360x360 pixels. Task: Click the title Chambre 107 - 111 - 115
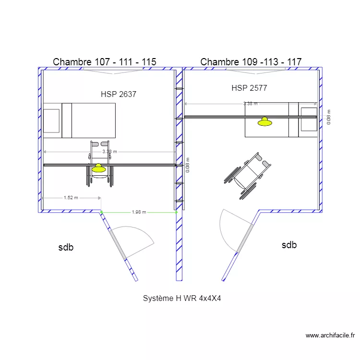point(104,62)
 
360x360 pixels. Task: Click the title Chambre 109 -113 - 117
point(251,62)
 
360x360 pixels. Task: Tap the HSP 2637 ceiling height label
point(118,95)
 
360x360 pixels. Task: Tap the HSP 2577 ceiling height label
point(249,88)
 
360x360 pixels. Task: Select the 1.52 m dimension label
point(71,197)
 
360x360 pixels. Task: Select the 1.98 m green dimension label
point(139,212)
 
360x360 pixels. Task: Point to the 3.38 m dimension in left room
point(109,152)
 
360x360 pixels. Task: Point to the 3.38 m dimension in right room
point(250,103)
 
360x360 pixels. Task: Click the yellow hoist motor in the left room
point(98,168)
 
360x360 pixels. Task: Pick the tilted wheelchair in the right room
point(247,176)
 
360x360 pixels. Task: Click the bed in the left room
point(80,120)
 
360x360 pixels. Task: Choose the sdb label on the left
point(66,248)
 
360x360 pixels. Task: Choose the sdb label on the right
point(289,245)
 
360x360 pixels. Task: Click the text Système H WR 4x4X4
point(181,298)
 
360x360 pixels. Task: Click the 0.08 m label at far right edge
point(329,118)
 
